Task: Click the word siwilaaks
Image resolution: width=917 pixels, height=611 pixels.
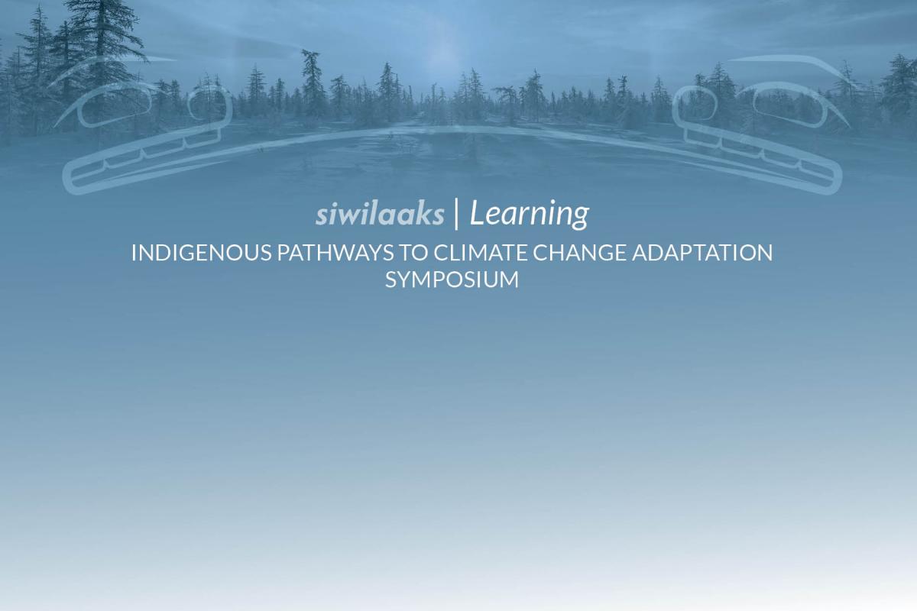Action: tap(380, 215)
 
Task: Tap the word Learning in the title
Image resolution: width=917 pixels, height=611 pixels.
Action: tap(529, 215)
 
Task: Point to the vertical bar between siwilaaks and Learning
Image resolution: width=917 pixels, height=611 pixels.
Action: tap(456, 214)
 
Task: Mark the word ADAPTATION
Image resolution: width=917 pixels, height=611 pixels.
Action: tap(702, 254)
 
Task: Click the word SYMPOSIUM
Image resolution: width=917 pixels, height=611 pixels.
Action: tap(452, 280)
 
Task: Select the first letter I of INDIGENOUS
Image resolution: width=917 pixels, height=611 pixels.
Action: tap(134, 254)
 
